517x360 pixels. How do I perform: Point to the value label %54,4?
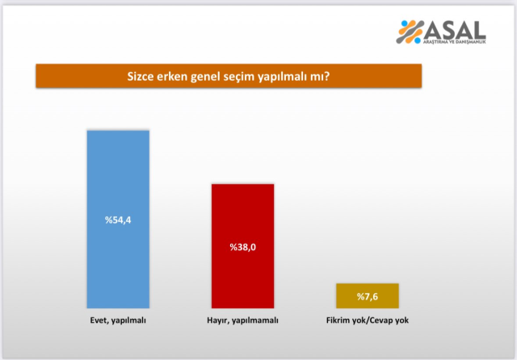(117, 221)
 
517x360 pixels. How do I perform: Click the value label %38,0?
(242, 246)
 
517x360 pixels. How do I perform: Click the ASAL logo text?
(456, 30)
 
